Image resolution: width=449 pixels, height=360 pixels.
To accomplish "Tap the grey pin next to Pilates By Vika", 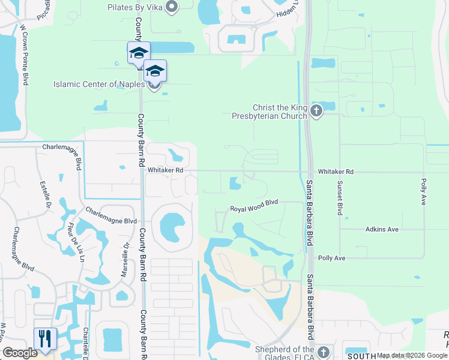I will [x=172, y=7].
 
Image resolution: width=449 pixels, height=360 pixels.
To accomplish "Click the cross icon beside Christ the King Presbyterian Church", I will [x=316, y=110].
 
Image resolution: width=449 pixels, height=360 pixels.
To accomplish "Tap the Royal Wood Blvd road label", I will [x=255, y=208].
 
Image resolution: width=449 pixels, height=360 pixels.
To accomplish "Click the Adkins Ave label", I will [x=382, y=229].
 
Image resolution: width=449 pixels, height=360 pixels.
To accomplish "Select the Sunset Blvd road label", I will [x=340, y=198].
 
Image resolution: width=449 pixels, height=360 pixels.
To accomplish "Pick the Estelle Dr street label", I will [x=44, y=195].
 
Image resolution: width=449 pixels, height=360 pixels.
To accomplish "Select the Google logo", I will [x=20, y=353].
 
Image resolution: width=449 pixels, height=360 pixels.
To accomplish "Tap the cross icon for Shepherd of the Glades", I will [x=324, y=351].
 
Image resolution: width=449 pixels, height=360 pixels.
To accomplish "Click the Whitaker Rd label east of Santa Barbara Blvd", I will [x=336, y=172].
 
